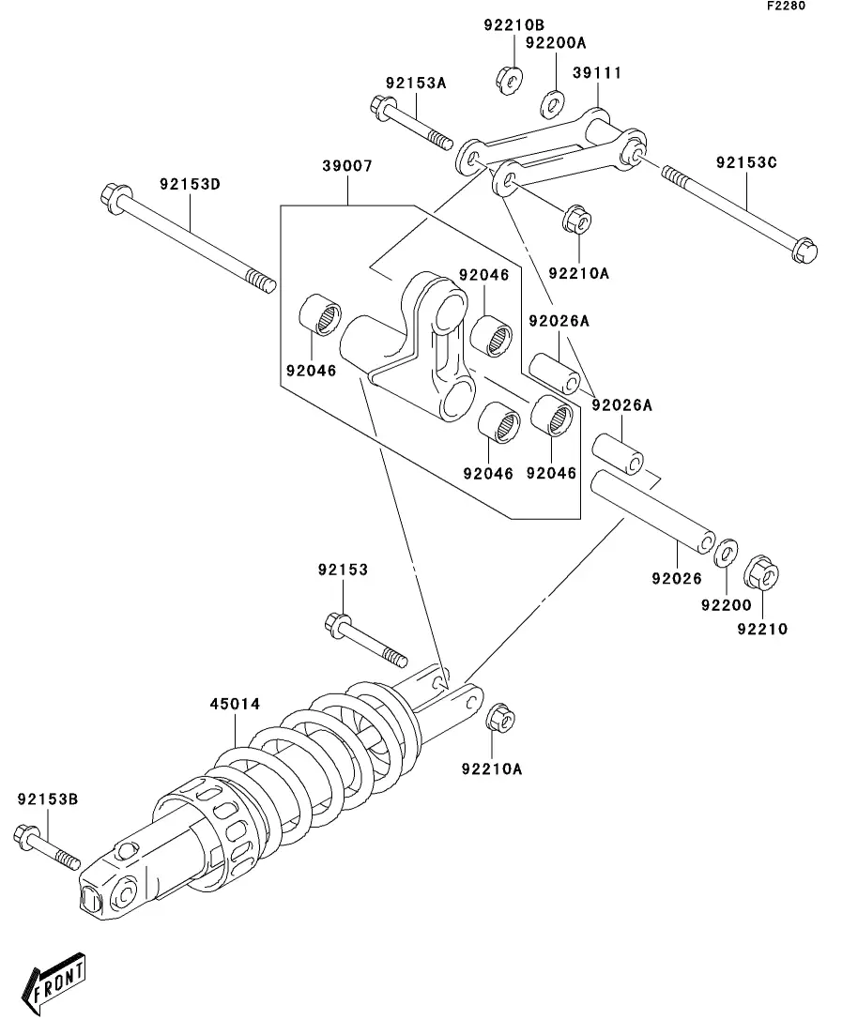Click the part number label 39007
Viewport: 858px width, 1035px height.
click(347, 166)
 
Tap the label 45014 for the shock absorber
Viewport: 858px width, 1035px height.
click(235, 704)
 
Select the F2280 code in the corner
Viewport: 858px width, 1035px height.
click(786, 6)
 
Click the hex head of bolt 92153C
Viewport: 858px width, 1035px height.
click(804, 251)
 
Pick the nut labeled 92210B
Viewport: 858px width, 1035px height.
click(509, 80)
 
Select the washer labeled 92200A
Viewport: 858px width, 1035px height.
click(553, 103)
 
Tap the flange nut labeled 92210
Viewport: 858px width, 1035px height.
click(761, 573)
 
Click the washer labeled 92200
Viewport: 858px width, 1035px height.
click(727, 553)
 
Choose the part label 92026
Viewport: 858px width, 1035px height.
click(677, 578)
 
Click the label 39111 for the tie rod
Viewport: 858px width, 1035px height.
click(596, 72)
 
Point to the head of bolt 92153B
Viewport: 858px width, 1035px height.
click(25, 836)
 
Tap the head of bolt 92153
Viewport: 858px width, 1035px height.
click(338, 624)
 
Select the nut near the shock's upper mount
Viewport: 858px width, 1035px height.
click(500, 718)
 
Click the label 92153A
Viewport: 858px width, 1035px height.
click(416, 84)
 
